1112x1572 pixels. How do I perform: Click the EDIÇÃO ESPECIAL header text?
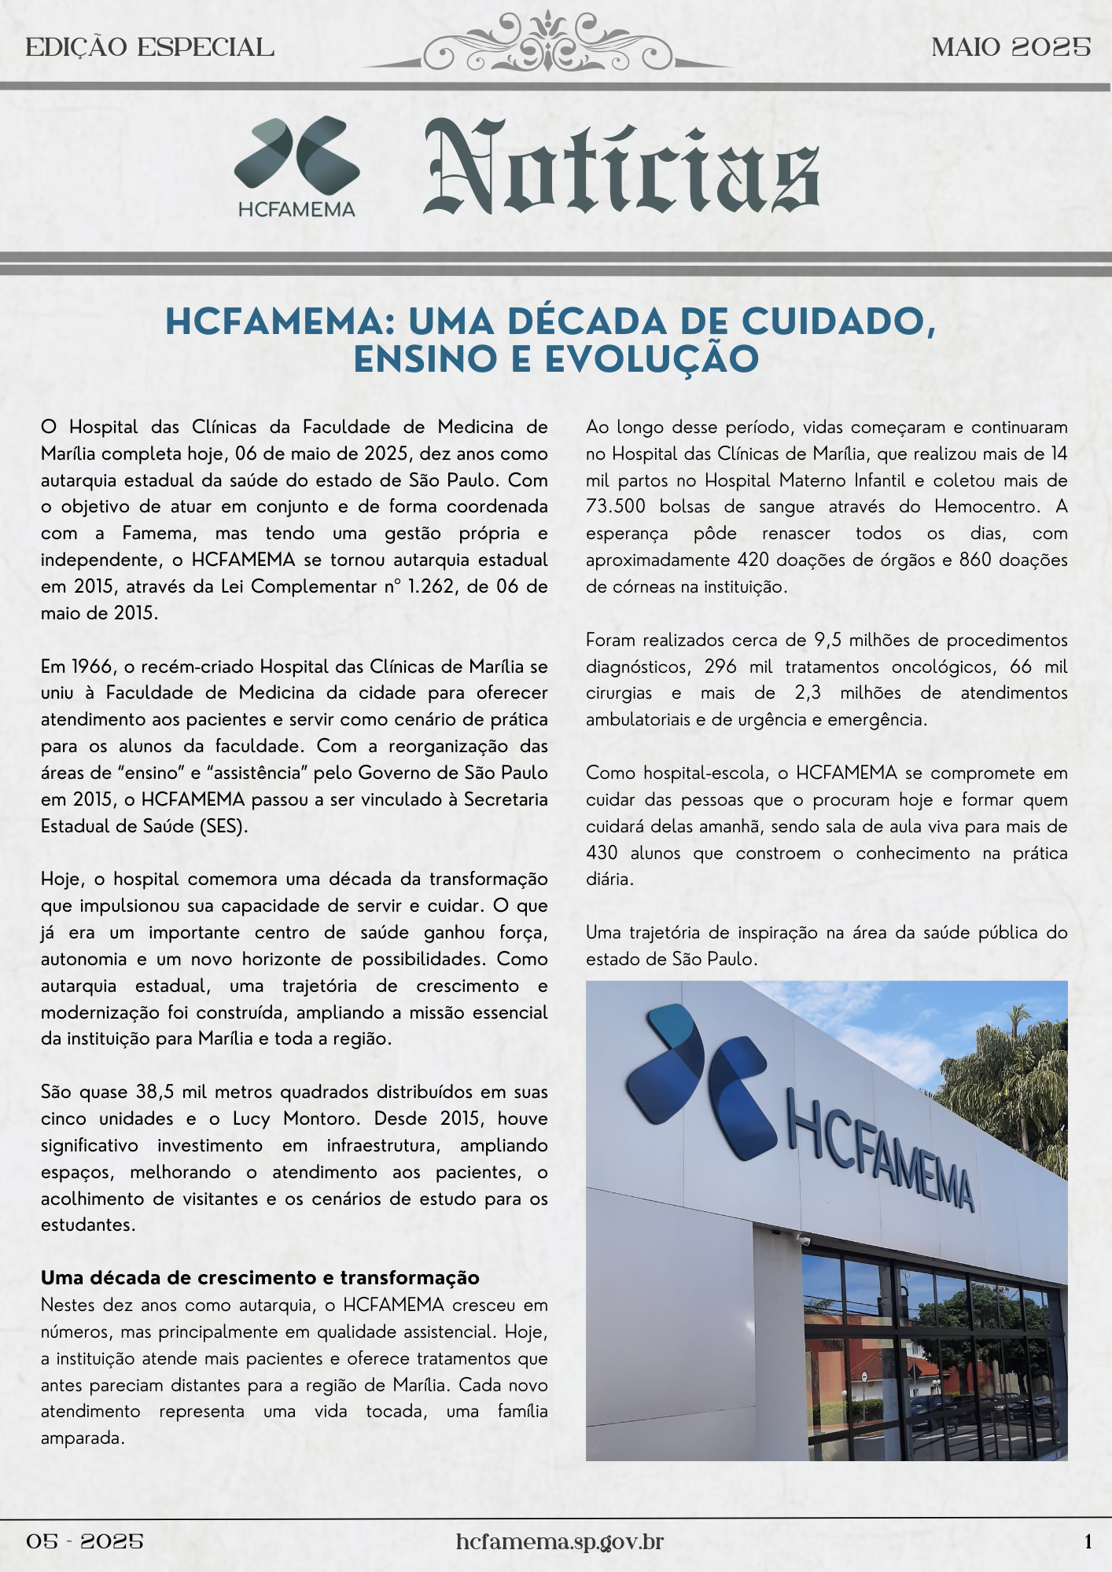coord(149,48)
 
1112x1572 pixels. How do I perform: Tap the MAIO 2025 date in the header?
coord(1011,48)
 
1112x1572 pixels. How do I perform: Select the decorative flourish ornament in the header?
coord(547,44)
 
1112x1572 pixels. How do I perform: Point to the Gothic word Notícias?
coord(621,169)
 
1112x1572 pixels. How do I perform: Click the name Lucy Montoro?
coord(297,1118)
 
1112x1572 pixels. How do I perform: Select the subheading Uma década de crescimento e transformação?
coord(260,1278)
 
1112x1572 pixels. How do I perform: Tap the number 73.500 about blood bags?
coord(616,507)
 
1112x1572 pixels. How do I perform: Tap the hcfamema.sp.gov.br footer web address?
coord(559,1542)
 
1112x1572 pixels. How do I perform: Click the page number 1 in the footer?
coord(1088,1542)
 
